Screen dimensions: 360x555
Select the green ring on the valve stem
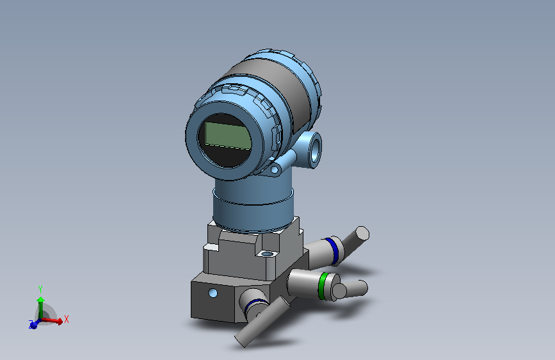click(325, 285)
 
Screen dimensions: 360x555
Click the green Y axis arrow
click(40, 304)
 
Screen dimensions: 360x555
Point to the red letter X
click(66, 318)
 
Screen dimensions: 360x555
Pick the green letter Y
click(40, 289)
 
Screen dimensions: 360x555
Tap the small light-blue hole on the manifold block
click(213, 293)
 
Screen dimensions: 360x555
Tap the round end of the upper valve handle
click(362, 233)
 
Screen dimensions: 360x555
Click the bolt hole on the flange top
click(265, 254)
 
